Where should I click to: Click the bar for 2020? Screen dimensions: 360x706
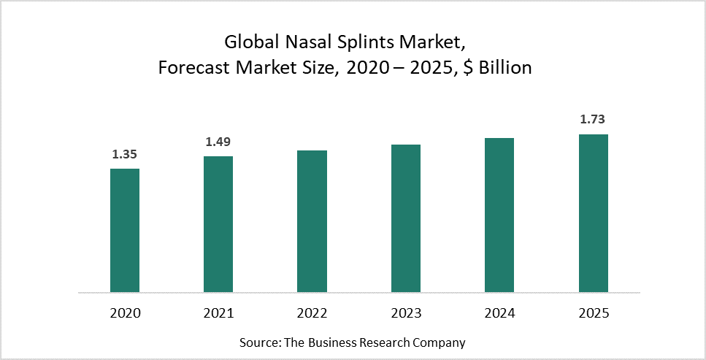[x=125, y=230]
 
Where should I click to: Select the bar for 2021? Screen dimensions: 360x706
[x=218, y=224]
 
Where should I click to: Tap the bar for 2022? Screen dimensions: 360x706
[x=312, y=221]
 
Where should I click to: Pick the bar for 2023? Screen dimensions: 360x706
[x=406, y=218]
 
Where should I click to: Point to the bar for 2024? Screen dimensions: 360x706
[x=499, y=215]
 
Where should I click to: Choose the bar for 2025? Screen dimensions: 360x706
[x=593, y=213]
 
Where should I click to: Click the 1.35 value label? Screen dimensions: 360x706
[x=125, y=154]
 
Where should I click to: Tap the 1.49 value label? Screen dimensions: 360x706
[x=218, y=142]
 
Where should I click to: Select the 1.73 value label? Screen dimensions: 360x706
[x=593, y=119]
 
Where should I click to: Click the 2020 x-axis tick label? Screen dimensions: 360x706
[x=125, y=313]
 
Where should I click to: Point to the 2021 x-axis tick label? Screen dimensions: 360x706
[x=218, y=313]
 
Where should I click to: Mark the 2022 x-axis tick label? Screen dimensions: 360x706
[x=312, y=313]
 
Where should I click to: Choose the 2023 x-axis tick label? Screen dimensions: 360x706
[x=406, y=313]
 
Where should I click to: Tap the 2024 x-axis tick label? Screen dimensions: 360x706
[x=499, y=313]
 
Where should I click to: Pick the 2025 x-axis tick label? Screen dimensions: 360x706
[x=593, y=313]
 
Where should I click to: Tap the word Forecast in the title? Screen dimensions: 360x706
[x=191, y=69]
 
